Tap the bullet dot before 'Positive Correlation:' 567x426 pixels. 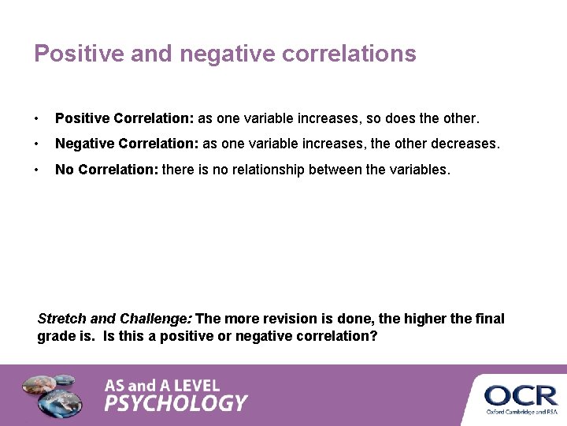tap(37, 119)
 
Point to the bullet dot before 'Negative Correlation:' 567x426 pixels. tap(37, 145)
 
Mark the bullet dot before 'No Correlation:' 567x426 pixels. tap(37, 170)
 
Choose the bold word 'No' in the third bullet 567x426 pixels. tap(64, 169)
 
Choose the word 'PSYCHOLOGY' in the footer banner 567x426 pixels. tap(176, 404)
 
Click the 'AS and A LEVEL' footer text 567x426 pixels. tap(162, 386)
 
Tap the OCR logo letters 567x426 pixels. tap(521, 394)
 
